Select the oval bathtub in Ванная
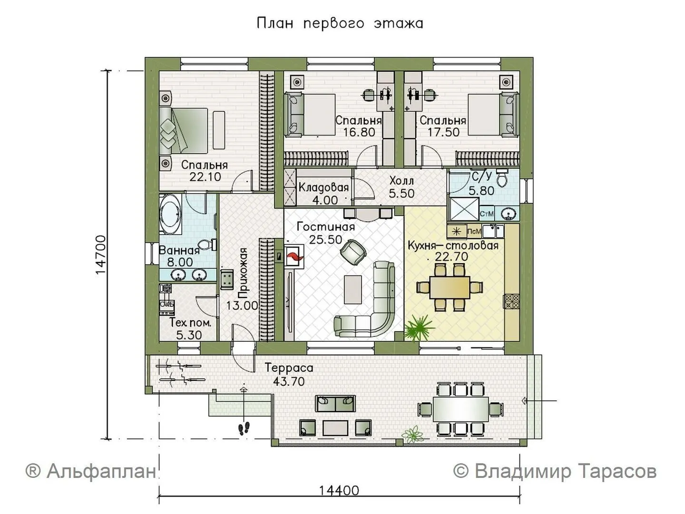point(170,214)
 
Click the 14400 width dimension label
point(339,490)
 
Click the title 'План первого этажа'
point(340,23)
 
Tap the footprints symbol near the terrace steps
point(244,428)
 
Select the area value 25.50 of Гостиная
point(325,240)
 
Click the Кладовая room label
point(323,187)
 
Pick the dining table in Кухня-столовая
point(450,287)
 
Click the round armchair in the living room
point(352,252)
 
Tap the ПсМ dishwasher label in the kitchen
point(474,232)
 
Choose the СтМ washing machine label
point(487,214)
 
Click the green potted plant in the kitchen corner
point(419,328)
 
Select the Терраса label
point(289,368)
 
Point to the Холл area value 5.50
point(401,194)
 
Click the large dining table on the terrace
point(460,409)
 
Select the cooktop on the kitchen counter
point(511,301)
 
